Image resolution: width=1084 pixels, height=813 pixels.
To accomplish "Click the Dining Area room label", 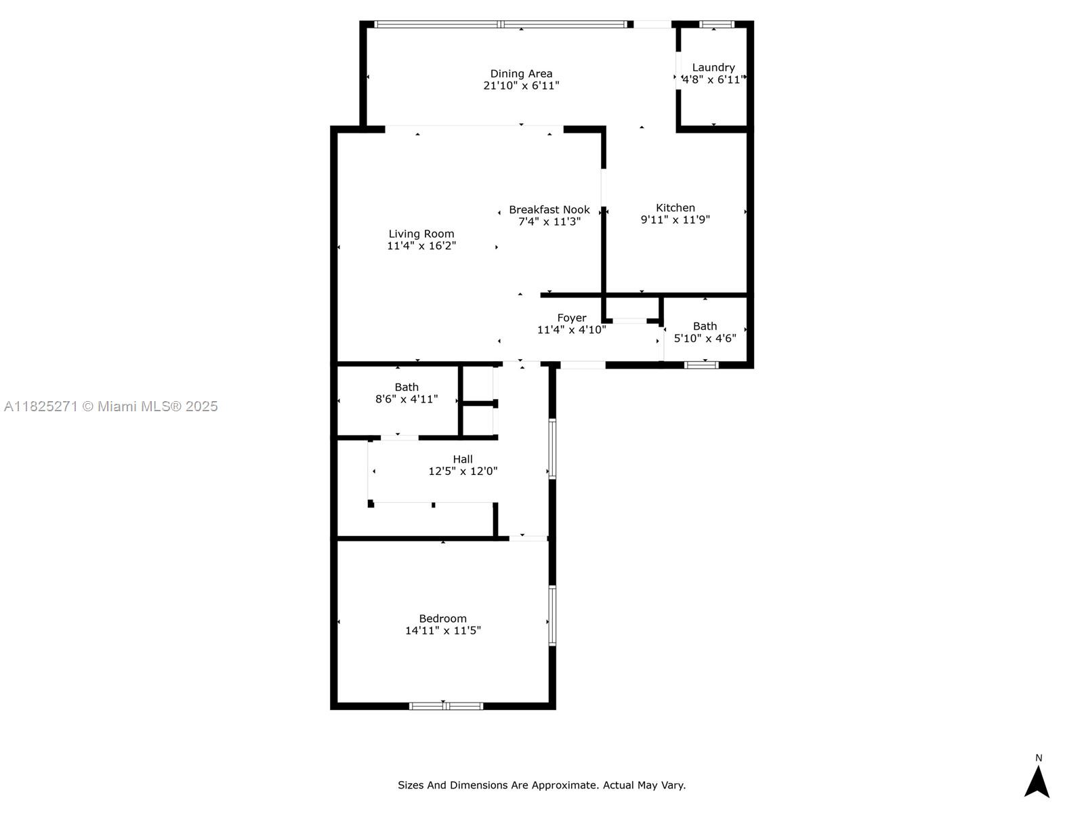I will point(521,73).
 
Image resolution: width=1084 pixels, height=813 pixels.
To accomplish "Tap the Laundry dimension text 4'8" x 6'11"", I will point(713,79).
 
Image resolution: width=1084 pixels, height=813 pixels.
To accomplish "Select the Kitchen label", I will point(675,207).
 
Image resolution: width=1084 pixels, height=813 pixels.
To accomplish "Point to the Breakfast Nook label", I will point(549,209).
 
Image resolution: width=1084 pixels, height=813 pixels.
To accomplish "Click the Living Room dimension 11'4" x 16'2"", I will point(421,246).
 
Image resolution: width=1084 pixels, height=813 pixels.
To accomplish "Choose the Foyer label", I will point(571,318).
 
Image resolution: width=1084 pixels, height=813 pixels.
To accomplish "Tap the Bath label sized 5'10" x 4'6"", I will point(705,326).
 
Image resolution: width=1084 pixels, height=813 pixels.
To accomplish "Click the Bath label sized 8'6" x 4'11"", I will point(406,387).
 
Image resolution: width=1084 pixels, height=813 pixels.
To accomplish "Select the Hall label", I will point(463,459).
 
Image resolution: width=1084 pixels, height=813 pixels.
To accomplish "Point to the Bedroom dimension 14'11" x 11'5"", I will point(442,630).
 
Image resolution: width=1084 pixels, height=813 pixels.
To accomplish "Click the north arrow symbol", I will point(1037,782).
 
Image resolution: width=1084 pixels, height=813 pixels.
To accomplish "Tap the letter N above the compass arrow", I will point(1038,757).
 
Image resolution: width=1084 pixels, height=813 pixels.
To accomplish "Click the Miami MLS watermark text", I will point(110,406).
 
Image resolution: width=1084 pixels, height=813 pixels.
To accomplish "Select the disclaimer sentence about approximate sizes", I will point(541,785).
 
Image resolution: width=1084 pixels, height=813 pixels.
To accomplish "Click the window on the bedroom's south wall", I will point(446,706).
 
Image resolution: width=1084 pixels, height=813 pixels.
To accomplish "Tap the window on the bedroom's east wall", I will point(552,615).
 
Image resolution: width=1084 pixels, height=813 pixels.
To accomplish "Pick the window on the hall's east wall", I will point(552,449).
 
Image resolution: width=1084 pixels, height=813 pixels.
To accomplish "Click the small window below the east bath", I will point(701,364).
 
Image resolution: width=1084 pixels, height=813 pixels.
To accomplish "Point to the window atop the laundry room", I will point(716,24).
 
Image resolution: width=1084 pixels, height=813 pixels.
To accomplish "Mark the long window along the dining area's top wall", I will point(501,24).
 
